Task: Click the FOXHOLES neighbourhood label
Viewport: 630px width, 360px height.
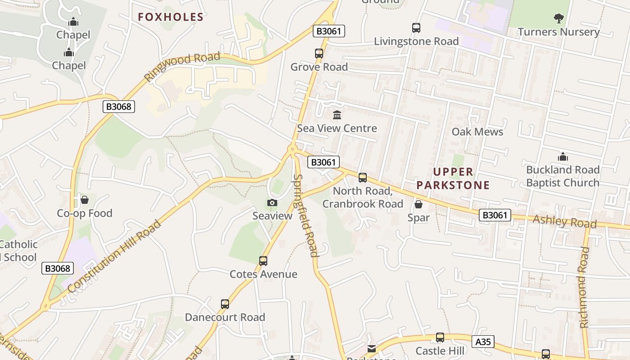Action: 171,17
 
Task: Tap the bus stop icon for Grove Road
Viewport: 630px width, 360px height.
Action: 319,54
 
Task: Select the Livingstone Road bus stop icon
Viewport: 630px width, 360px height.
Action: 416,28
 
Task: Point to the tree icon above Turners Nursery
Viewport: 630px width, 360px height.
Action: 558,18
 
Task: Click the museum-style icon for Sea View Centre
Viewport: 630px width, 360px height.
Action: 337,115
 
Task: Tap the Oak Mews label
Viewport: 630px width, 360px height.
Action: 477,132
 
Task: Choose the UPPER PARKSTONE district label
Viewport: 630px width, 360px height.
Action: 453,178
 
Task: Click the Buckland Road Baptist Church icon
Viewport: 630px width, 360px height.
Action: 562,157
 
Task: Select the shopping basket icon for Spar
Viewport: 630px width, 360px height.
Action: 418,205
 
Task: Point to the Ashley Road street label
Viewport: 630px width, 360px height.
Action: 565,221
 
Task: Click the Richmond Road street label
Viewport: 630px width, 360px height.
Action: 584,287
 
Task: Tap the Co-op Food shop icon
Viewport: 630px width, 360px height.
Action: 84,200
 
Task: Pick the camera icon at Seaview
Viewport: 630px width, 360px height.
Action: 272,203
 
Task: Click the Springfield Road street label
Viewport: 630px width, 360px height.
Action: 305,215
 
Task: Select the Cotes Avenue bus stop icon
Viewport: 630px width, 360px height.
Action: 263,261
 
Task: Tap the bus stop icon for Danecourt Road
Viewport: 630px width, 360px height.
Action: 225,304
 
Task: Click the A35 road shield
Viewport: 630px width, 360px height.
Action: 483,342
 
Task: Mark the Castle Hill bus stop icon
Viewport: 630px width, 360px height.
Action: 440,337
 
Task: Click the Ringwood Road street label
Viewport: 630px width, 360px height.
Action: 182,67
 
